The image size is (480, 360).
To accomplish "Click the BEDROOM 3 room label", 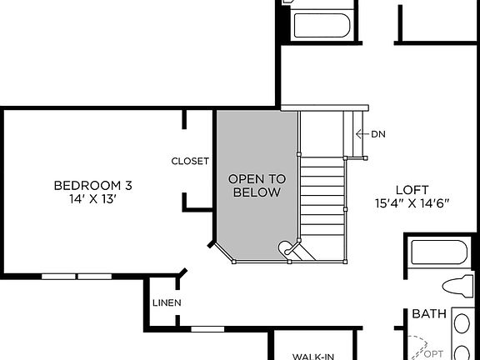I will [92, 185].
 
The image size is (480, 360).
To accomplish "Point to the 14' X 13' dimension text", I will [92, 199].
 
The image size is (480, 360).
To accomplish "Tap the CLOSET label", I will [190, 161].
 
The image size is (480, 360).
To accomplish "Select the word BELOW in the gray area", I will [257, 192].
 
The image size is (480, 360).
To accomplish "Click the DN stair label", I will [378, 134].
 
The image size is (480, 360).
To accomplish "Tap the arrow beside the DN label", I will [362, 134].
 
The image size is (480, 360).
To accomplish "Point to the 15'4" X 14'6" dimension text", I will [413, 203].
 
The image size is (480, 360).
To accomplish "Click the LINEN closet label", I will [167, 302].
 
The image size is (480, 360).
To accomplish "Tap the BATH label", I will [429, 315].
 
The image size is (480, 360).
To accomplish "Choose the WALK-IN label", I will [313, 356].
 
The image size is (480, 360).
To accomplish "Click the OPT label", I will [433, 353].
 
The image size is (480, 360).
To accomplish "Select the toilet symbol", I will [458, 285].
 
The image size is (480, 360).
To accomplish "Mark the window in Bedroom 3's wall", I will [77, 276].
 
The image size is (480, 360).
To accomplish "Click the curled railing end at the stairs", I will [288, 247].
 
